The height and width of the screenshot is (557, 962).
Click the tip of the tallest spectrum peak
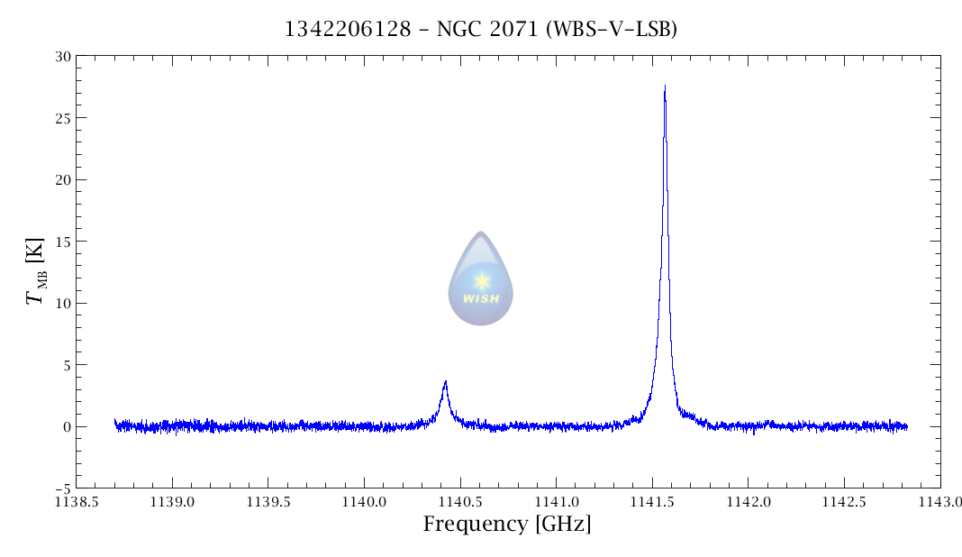pyautogui.click(x=665, y=87)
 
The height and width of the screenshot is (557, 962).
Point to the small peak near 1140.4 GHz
pyautogui.click(x=445, y=382)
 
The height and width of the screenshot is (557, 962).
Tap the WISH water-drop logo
pyautogui.click(x=481, y=278)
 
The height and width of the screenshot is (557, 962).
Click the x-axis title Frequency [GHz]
pyautogui.click(x=507, y=524)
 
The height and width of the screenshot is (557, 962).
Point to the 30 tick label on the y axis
pyautogui.click(x=61, y=56)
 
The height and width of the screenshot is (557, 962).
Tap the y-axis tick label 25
pyautogui.click(x=61, y=118)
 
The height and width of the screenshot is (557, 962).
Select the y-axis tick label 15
pyautogui.click(x=61, y=242)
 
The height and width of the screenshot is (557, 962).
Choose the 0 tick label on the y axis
pyautogui.click(x=65, y=427)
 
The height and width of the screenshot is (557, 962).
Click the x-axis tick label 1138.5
pyautogui.click(x=76, y=501)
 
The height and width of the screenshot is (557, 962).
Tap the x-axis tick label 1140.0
pyautogui.click(x=364, y=501)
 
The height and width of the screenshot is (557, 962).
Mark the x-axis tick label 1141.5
pyautogui.click(x=652, y=501)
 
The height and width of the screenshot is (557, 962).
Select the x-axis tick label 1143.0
pyautogui.click(x=939, y=501)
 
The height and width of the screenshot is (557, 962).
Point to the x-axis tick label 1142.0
pyautogui.click(x=748, y=501)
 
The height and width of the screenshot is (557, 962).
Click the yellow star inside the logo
pyautogui.click(x=481, y=280)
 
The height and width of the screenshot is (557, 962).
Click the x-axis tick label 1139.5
pyautogui.click(x=268, y=501)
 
